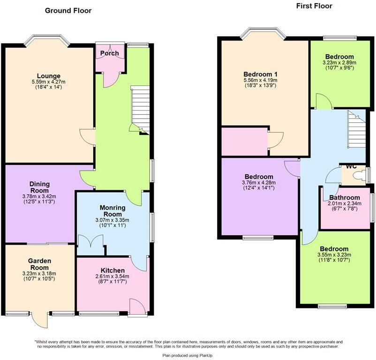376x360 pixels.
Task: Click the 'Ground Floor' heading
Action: [x=68, y=10]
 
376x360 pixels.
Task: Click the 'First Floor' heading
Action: [x=314, y=6]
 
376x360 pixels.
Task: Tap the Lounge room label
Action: [x=49, y=76]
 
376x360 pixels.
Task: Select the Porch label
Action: [x=110, y=53]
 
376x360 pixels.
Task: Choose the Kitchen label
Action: [x=113, y=270]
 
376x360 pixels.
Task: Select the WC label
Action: [x=352, y=166]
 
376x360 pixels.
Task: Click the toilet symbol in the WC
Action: [x=360, y=176]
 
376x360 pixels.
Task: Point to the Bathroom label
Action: [x=344, y=197]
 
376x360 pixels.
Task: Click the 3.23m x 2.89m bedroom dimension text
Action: [x=339, y=62]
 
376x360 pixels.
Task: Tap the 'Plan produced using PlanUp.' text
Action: [x=188, y=356]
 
